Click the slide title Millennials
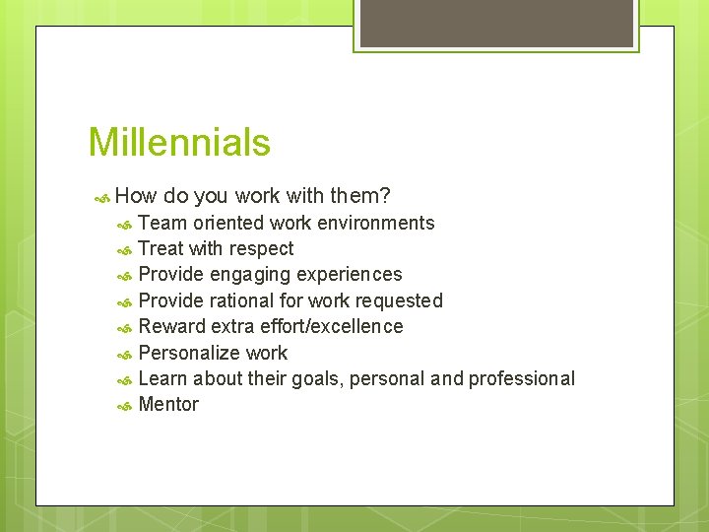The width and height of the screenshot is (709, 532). [x=179, y=143]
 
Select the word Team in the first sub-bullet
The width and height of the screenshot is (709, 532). [x=162, y=223]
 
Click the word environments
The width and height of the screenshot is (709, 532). [x=375, y=223]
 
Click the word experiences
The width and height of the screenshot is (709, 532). [x=350, y=275]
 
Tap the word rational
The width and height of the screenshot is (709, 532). [x=243, y=300]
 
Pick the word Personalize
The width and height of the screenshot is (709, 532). [x=184, y=353]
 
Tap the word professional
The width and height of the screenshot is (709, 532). [x=521, y=379]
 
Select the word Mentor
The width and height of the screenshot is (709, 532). [x=168, y=405]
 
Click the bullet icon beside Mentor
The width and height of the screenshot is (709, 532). [x=124, y=406]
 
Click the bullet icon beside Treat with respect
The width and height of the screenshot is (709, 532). [x=124, y=250]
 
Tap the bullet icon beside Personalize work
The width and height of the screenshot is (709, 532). [x=124, y=354]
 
